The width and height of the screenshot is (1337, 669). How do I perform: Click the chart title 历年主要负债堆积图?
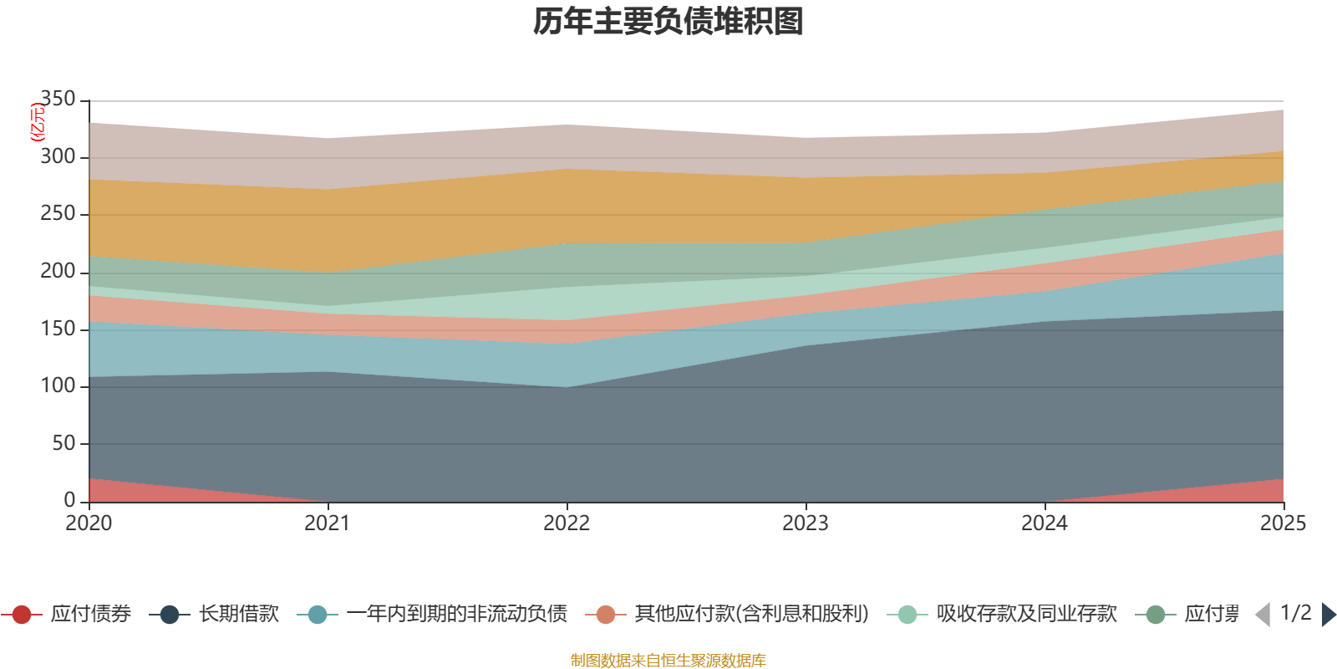tap(668, 23)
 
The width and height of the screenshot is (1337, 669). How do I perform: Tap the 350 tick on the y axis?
tap(58, 100)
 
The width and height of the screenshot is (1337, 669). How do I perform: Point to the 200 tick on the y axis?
tap(58, 271)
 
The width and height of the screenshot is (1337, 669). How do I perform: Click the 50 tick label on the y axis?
tap(64, 443)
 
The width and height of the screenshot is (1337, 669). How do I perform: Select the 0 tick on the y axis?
tap(69, 500)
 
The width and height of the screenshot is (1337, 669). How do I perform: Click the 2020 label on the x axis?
tap(89, 523)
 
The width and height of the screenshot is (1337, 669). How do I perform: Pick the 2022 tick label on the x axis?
tap(567, 523)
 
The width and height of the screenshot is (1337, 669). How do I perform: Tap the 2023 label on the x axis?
tap(806, 523)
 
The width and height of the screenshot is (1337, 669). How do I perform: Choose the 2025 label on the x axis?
tap(1283, 523)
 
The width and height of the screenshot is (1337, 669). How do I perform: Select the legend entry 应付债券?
tap(90, 615)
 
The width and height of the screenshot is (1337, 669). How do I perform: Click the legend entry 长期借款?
tap(238, 615)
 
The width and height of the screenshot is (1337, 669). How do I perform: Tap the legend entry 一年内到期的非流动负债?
tap(456, 615)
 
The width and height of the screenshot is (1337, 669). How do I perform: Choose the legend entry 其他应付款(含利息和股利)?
tap(751, 615)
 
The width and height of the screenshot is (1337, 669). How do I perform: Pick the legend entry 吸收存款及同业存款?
tap(1026, 615)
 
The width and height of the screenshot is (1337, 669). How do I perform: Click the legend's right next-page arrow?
tap(1328, 615)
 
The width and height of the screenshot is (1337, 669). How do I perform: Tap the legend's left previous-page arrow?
tap(1263, 615)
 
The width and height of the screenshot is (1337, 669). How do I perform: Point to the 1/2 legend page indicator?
tap(1295, 613)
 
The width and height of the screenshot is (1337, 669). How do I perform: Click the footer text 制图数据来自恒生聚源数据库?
tap(668, 661)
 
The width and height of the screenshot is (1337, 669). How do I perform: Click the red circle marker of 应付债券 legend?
tap(22, 615)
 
